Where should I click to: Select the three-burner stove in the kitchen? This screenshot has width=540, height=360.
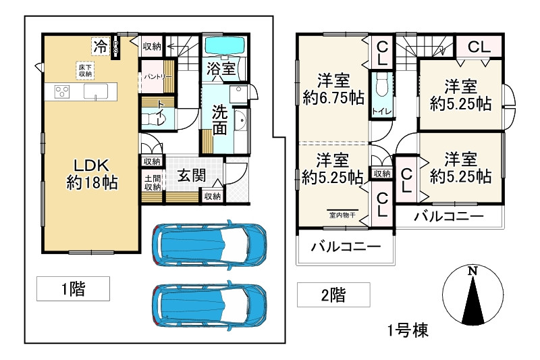click(59, 91)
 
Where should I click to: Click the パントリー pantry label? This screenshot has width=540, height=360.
click(157, 76)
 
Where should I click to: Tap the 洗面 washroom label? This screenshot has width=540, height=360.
click(219, 120)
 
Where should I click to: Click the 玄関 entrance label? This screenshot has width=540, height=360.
click(192, 175)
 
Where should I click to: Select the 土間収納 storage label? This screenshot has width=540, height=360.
click(152, 183)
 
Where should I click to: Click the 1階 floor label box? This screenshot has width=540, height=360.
click(72, 289)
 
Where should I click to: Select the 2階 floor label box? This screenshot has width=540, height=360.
click(333, 295)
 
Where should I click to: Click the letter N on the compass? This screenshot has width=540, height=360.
click(472, 271)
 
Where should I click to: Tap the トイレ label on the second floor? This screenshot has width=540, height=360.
click(380, 111)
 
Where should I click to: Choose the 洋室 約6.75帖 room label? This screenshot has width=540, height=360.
click(333, 88)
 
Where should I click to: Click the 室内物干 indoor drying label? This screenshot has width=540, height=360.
click(342, 215)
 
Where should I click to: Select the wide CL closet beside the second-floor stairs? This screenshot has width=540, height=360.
click(478, 47)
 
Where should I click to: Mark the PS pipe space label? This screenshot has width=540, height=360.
click(116, 46)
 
